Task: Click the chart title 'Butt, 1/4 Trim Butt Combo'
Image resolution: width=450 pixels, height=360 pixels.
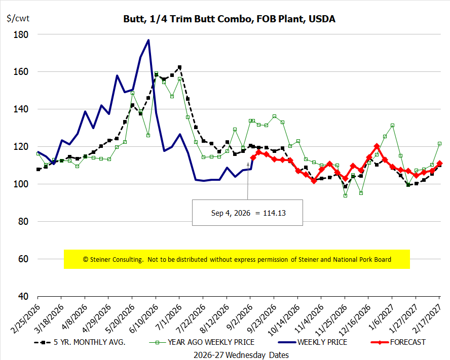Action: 189,19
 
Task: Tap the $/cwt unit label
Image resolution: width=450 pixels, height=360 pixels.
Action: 18,18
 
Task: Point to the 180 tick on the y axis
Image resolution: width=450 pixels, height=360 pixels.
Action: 21,34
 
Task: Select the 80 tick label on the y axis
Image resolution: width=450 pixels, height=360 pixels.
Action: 23,221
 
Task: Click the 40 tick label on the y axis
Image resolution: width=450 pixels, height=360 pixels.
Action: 23,296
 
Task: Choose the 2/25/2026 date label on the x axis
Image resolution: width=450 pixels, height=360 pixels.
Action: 25,318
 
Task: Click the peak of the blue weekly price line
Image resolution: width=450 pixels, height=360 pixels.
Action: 148,40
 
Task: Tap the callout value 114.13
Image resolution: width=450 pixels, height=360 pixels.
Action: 274,213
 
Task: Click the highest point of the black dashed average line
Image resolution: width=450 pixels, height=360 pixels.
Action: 180,67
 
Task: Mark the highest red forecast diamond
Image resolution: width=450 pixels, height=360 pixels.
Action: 377,146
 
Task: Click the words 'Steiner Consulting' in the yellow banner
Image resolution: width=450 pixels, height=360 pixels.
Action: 116,260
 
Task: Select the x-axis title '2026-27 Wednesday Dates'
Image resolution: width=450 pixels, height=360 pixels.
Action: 241,355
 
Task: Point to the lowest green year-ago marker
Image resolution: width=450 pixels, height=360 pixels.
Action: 345,195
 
